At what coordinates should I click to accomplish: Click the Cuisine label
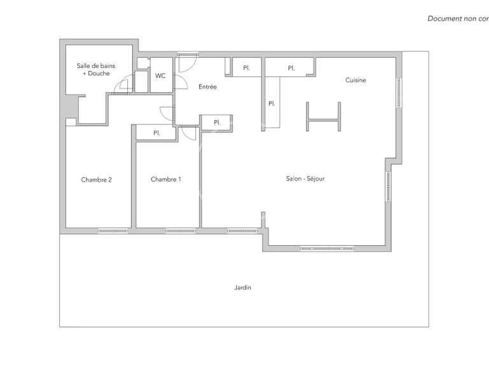[x=355, y=80]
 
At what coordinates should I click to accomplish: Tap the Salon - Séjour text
[x=305, y=179]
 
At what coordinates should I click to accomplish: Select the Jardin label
[x=242, y=287]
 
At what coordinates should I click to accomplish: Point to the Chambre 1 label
[x=166, y=179]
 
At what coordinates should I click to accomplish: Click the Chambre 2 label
[x=96, y=179]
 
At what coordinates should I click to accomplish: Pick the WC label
[x=160, y=76]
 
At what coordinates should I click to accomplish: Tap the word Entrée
[x=208, y=87]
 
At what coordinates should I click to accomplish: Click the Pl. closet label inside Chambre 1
[x=156, y=133]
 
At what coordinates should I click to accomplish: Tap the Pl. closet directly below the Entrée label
[x=216, y=123]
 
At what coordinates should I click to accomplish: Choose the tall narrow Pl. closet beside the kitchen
[x=272, y=103]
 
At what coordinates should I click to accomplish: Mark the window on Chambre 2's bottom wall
[x=113, y=230]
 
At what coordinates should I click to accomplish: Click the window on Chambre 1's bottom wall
[x=180, y=230]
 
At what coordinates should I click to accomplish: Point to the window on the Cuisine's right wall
[x=399, y=92]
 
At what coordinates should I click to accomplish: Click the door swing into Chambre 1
[x=188, y=133]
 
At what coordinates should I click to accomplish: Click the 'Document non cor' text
[x=457, y=18]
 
